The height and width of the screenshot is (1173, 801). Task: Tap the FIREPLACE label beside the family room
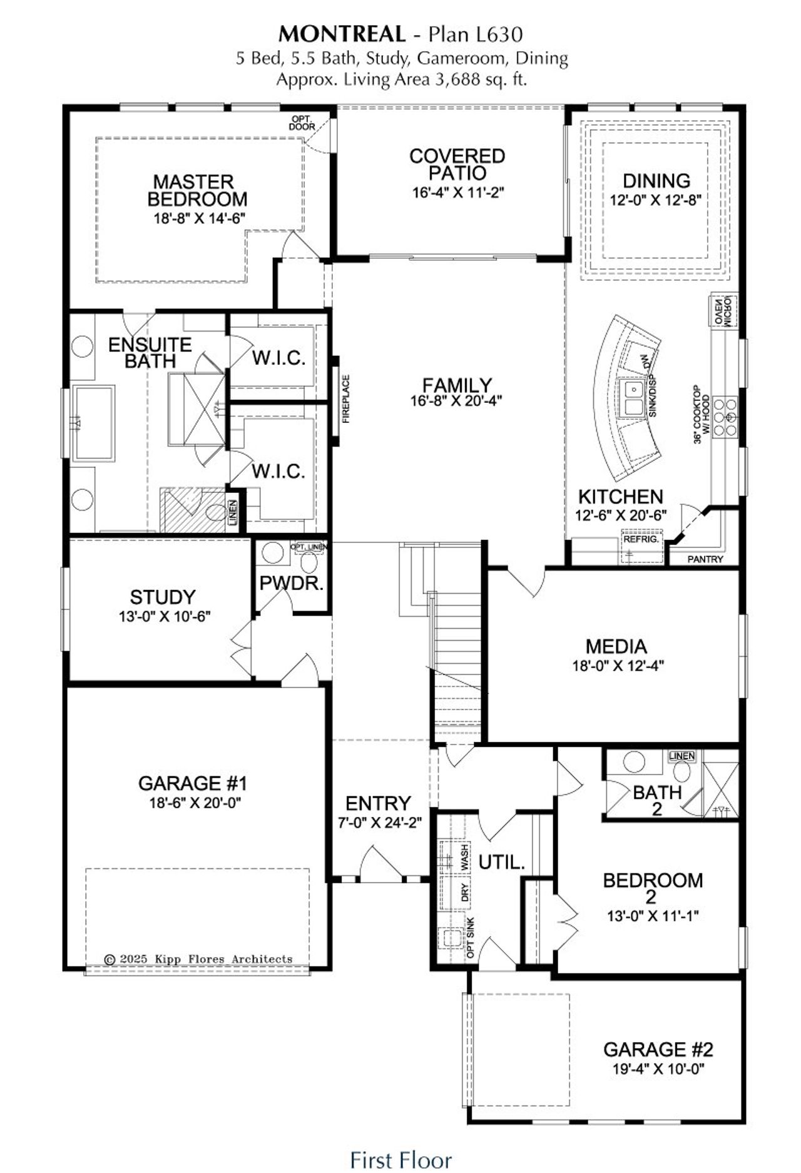point(346,399)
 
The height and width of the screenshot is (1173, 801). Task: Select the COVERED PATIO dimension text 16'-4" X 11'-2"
point(458,192)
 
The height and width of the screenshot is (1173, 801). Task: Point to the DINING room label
point(656,181)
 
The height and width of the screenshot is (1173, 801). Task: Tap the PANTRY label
point(705,559)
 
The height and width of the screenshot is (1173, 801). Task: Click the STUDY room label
point(163,597)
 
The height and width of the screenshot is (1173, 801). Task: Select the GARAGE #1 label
point(193,783)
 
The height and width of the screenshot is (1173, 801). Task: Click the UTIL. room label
point(501,863)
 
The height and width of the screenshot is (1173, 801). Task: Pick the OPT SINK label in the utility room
point(471,938)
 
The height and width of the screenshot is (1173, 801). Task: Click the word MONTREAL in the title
point(342,33)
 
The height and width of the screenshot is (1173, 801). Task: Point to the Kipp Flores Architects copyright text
point(198,958)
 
